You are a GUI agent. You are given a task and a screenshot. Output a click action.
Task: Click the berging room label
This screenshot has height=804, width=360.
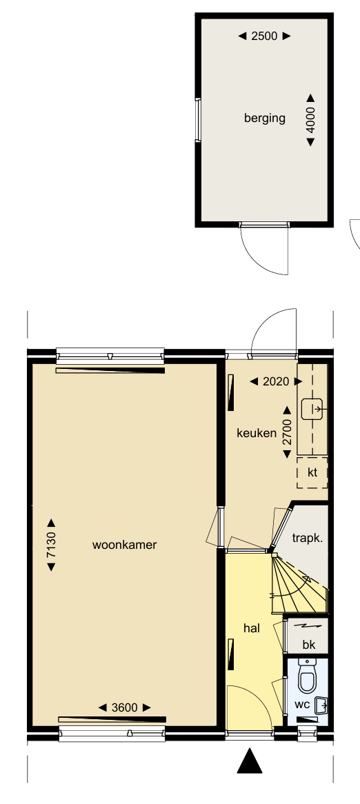click(x=265, y=118)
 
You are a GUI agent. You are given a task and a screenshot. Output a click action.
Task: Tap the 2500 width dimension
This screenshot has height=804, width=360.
click(x=265, y=36)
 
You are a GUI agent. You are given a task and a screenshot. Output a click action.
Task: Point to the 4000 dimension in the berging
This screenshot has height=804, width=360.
click(x=310, y=120)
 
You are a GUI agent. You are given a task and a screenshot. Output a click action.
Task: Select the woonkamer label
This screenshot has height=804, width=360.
click(x=125, y=545)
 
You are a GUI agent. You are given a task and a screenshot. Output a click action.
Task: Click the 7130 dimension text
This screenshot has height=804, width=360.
click(x=51, y=545)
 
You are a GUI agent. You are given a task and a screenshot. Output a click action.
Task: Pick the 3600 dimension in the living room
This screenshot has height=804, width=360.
click(x=125, y=707)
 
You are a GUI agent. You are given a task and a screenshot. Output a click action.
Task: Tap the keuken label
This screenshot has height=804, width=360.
click(x=257, y=433)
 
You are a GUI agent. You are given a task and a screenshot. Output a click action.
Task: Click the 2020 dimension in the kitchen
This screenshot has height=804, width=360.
click(x=276, y=381)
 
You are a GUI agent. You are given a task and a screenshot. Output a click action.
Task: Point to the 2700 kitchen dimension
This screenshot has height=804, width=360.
click(x=287, y=432)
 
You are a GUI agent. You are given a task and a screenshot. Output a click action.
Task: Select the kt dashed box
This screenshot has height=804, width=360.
click(x=312, y=473)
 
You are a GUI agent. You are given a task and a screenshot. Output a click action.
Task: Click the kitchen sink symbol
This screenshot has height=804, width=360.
click(x=312, y=409)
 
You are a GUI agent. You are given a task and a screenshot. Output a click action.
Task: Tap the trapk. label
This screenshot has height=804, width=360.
click(x=307, y=538)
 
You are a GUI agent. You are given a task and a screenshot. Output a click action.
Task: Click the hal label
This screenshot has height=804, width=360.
click(x=251, y=627)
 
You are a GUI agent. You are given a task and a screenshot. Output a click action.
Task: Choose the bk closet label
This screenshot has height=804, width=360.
click(x=309, y=645)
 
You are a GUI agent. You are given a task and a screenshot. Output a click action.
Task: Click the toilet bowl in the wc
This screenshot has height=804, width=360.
click(x=307, y=676)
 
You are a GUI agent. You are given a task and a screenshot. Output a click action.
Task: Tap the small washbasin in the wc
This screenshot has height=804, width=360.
click(x=321, y=705)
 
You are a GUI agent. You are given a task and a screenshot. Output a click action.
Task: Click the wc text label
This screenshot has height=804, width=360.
click(x=302, y=705)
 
